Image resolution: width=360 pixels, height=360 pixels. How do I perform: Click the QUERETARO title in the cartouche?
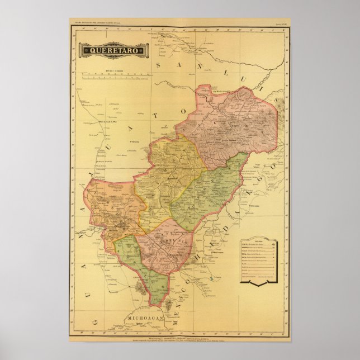[113, 50]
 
